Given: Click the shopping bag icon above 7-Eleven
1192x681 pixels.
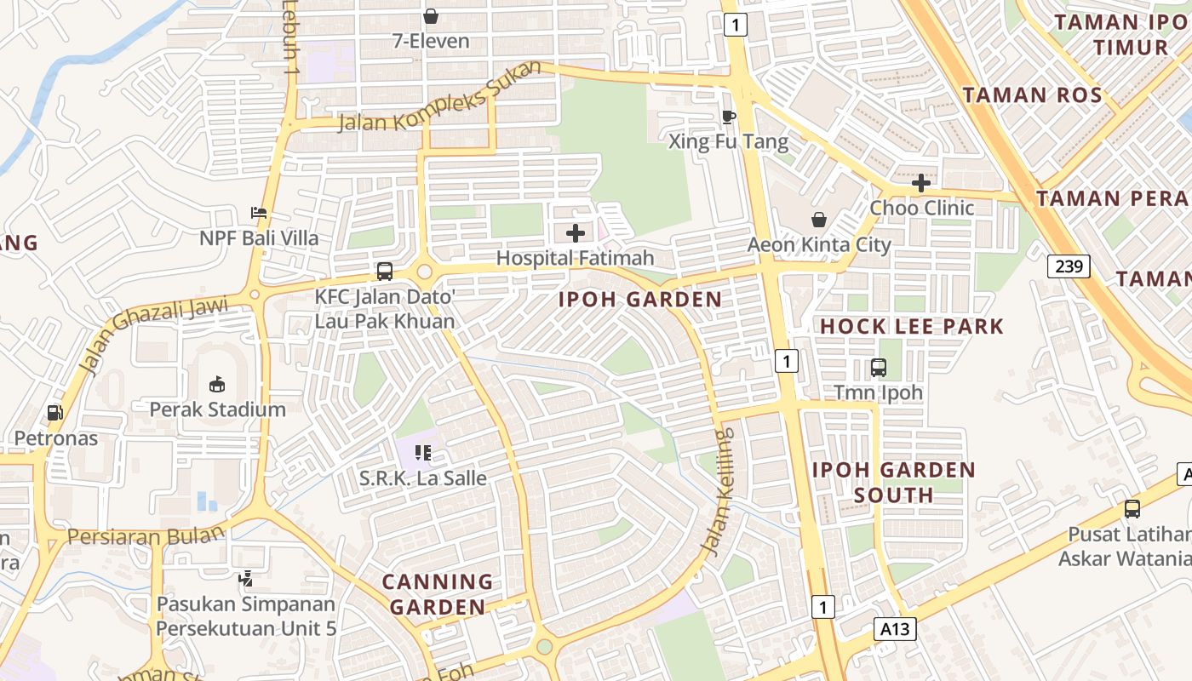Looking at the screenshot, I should (431, 16).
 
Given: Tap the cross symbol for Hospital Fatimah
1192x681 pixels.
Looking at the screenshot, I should (576, 232).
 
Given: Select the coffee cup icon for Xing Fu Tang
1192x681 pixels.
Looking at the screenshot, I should (728, 117).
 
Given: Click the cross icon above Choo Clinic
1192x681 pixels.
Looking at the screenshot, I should (920, 183).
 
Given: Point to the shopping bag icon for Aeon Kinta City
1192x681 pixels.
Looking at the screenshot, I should (819, 220).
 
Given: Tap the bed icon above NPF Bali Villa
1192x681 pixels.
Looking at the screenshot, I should (259, 213).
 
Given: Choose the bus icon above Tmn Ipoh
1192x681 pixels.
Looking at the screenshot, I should (879, 368).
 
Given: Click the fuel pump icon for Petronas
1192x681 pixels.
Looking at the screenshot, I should (54, 413).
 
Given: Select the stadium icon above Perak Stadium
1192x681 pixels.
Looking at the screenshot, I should (217, 384).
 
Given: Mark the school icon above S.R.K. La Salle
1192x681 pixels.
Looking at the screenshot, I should (422, 453).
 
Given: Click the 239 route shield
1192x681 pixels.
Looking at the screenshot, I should (1069, 266).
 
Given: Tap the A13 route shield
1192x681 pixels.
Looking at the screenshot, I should (895, 630).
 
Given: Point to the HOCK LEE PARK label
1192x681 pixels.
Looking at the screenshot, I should (912, 326).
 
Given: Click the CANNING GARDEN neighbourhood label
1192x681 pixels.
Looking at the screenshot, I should (438, 594).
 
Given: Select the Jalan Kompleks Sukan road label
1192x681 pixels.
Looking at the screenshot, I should (439, 98).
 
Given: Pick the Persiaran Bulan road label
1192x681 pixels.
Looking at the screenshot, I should (146, 536).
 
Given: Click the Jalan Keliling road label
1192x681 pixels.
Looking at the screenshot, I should (719, 493).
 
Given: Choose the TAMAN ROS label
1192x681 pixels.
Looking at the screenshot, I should (1033, 94).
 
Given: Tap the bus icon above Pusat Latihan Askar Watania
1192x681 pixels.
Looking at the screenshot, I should (1132, 509).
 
